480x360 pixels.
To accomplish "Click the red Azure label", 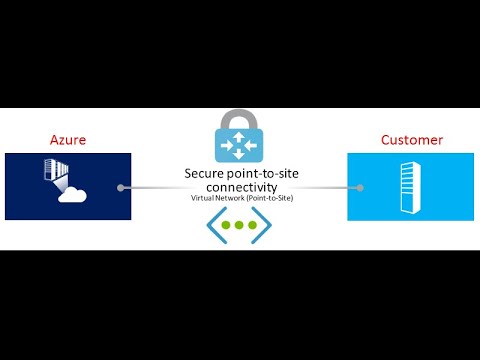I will click(x=68, y=139).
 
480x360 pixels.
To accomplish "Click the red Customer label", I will click(x=410, y=139).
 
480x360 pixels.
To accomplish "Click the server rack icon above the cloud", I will click(x=55, y=173).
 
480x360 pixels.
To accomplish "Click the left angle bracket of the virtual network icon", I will click(x=213, y=226).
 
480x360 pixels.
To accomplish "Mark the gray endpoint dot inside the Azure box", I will click(x=120, y=187).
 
